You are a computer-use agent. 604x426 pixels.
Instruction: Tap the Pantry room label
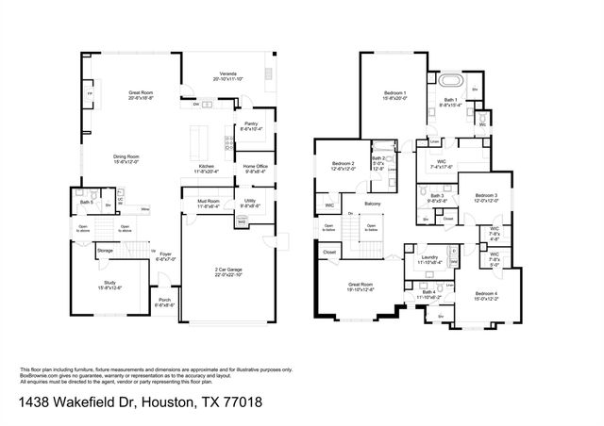tap(251, 123)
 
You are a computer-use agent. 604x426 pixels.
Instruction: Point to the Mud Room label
tap(207, 202)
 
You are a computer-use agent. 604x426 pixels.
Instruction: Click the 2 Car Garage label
tap(229, 270)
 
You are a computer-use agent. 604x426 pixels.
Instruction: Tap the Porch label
tap(164, 303)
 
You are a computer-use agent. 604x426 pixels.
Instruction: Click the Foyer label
tap(165, 254)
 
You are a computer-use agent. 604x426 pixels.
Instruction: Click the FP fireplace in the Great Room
tap(90, 96)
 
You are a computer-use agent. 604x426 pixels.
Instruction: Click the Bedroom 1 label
tap(394, 92)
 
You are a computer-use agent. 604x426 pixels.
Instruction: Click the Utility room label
tap(251, 201)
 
